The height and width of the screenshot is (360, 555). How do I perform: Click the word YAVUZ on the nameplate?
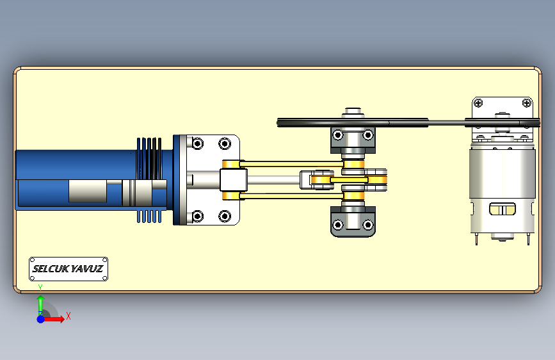tap(87, 269)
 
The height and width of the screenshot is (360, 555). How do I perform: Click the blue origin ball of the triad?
tap(41, 319)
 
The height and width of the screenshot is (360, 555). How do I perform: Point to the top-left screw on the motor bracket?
tap(478, 103)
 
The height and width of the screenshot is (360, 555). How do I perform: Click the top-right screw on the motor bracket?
tap(527, 103)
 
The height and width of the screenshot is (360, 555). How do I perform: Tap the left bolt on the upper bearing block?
tap(337, 135)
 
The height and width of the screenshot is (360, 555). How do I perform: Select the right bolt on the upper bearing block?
tap(368, 135)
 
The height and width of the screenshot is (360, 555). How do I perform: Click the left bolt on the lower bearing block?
tap(337, 225)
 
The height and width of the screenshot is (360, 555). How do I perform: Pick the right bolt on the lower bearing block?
tap(368, 225)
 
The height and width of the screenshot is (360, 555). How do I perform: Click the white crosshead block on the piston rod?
tap(233, 180)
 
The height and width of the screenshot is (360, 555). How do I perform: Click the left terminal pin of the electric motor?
tap(476, 239)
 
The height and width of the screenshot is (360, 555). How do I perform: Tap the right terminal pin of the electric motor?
tap(529, 239)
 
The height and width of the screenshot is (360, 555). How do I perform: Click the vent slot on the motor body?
tap(503, 209)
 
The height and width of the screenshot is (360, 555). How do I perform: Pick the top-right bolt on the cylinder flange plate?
tap(225, 144)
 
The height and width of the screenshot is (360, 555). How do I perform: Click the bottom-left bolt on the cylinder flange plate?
tap(198, 216)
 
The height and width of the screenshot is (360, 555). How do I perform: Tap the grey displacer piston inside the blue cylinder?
tap(88, 192)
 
